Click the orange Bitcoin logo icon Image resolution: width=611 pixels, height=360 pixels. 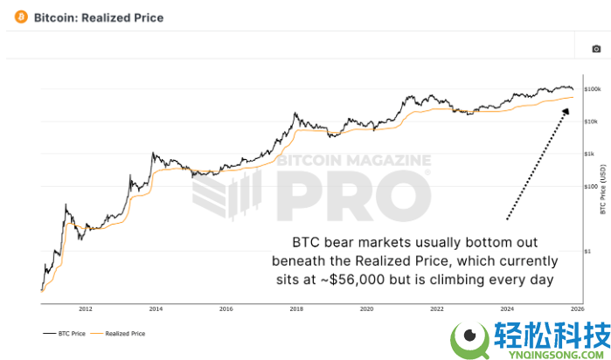coord(21,17)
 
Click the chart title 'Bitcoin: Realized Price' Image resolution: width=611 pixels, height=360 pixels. coord(98,17)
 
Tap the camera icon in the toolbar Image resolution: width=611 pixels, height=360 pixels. coord(596,49)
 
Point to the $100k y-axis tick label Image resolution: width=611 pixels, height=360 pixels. coord(591,89)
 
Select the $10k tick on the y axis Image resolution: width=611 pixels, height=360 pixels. coord(591,121)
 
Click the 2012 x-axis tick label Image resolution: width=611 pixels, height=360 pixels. coord(85,309)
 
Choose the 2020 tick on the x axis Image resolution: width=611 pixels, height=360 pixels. coord(366,309)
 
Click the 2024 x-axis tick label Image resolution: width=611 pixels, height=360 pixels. coord(507,309)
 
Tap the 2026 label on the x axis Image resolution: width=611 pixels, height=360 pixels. coord(576,309)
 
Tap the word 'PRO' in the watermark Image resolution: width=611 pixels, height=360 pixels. coord(351,197)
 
